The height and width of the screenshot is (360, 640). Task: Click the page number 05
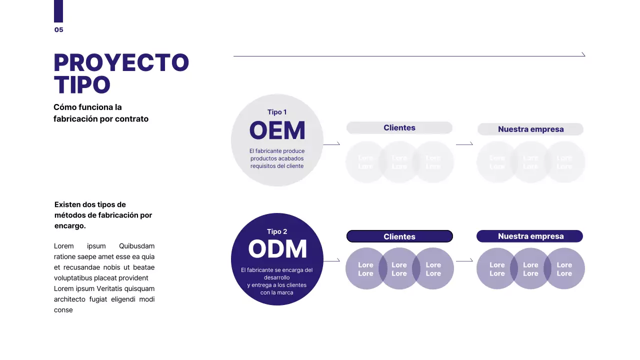tap(59, 30)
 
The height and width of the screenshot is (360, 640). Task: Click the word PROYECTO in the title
tap(121, 63)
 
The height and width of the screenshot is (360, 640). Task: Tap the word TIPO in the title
tap(82, 85)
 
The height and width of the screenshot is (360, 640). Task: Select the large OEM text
tap(277, 131)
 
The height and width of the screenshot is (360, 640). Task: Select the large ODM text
tap(277, 249)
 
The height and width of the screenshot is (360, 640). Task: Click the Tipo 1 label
tap(277, 112)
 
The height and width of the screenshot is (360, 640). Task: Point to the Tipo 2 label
tap(277, 231)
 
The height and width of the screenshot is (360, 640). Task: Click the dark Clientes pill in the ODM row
tap(399, 236)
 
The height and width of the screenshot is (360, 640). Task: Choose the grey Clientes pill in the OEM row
tap(399, 128)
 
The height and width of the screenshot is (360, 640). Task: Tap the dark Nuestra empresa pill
tap(530, 236)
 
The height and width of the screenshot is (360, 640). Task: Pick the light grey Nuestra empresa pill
tap(530, 129)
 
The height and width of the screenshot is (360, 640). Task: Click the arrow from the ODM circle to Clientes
tap(332, 260)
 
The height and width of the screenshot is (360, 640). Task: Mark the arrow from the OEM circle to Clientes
tap(332, 144)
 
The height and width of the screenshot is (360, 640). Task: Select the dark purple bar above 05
tap(58, 11)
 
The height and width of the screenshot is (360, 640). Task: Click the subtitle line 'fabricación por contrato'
tap(101, 119)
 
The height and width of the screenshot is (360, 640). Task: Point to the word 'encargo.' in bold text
tap(70, 225)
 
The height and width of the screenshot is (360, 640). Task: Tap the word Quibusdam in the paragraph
tap(136, 246)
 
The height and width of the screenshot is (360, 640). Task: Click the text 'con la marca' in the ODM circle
tap(276, 292)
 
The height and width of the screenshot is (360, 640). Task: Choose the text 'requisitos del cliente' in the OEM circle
tap(277, 166)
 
